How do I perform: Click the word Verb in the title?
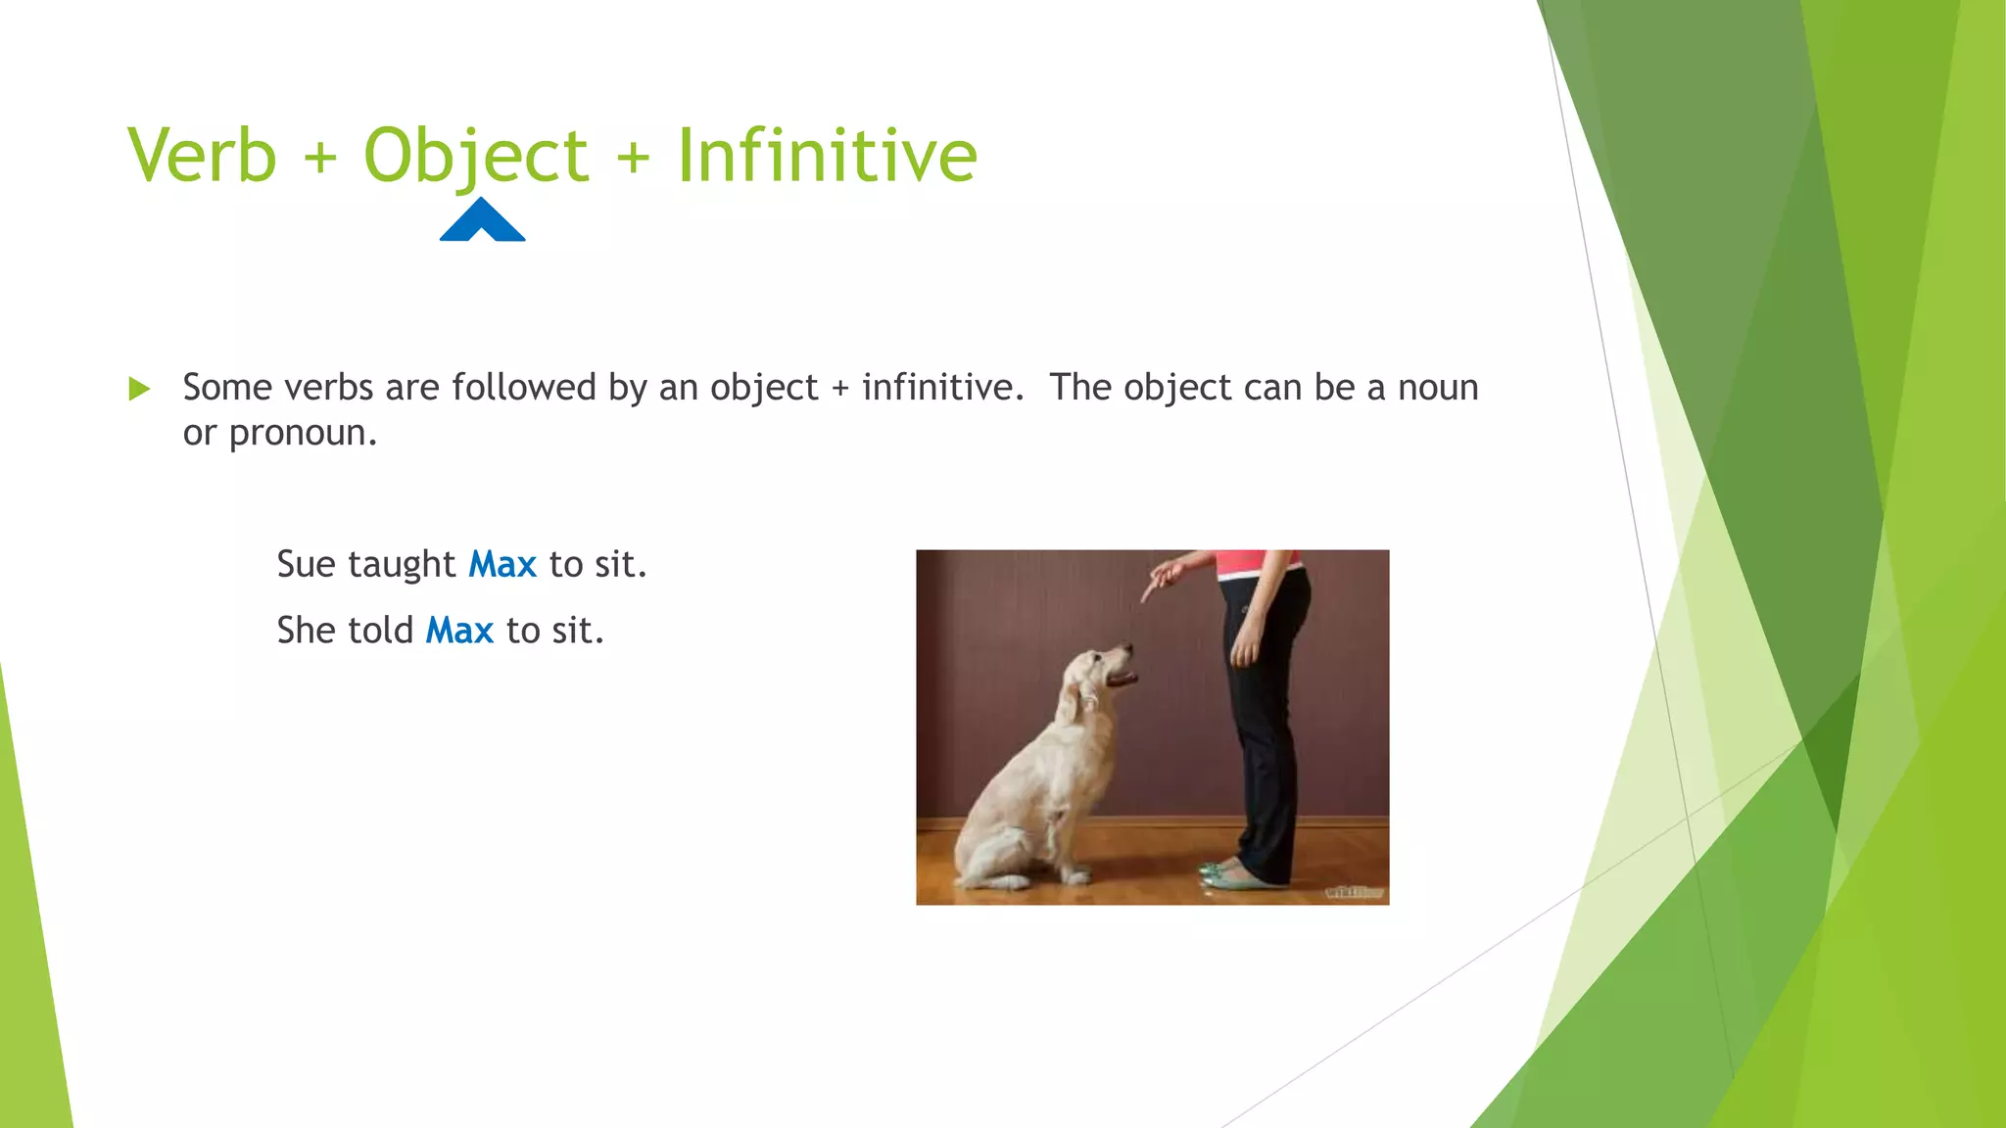click(203, 156)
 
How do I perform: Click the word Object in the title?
click(476, 156)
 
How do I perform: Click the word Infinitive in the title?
click(827, 156)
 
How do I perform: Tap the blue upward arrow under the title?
click(482, 220)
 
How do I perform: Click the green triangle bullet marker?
click(139, 389)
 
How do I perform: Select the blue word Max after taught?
click(502, 565)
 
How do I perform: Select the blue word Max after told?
click(459, 631)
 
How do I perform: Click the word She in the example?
click(307, 631)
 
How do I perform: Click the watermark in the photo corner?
click(1354, 892)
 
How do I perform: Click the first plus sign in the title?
click(320, 158)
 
